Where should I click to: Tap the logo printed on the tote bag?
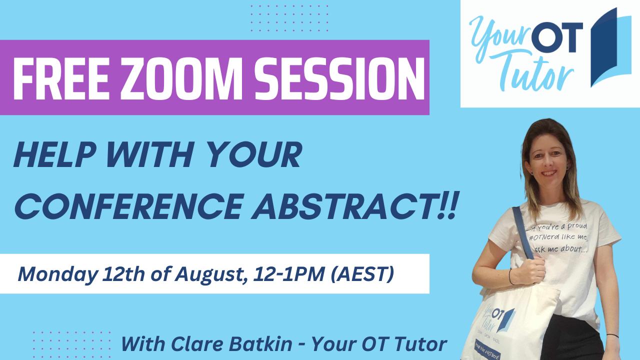tap(497, 319)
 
